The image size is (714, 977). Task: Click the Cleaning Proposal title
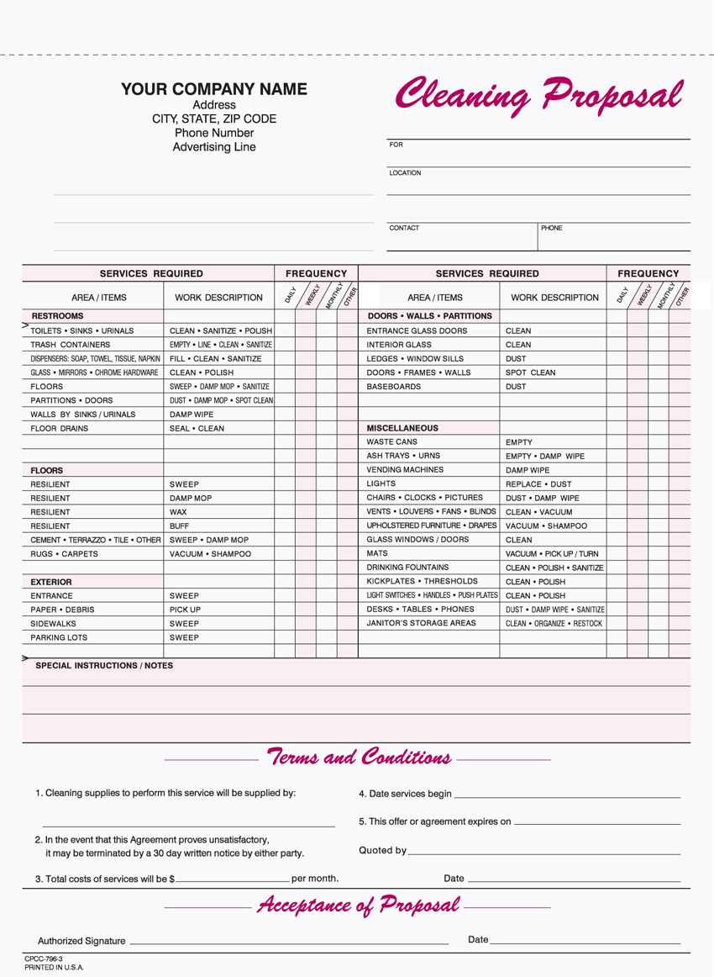coord(538,94)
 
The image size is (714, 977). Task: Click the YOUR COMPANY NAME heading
coord(214,89)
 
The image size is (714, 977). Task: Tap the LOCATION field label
coord(405,173)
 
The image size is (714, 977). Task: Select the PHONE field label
coord(552,228)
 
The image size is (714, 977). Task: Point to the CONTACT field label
coord(404,228)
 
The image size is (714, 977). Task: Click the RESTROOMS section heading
coord(57,316)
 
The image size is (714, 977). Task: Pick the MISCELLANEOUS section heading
coord(402,428)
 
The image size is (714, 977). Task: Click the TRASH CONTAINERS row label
coord(71,345)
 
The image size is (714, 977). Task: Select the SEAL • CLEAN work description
coord(197,428)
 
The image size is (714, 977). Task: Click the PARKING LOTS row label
coord(59,637)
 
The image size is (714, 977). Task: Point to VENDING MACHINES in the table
coord(405,470)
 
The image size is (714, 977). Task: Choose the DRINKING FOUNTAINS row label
coord(407,568)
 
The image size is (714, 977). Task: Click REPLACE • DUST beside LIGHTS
coord(538,484)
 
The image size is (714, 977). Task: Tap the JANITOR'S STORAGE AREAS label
coord(422,623)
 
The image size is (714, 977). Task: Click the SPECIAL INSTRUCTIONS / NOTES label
coord(104,665)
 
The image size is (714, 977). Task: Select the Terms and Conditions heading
coord(359,757)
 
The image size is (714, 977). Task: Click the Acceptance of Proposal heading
coord(359,905)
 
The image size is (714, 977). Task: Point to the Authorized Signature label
coord(81,941)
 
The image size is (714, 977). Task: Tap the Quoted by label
coord(382,850)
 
